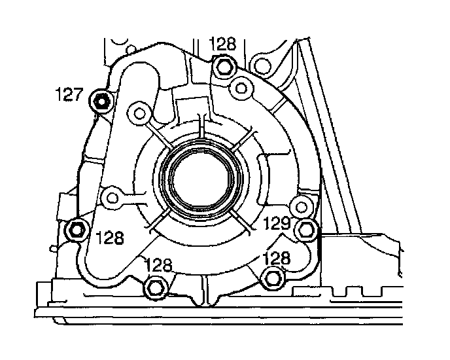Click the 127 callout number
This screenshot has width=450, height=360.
(x=69, y=96)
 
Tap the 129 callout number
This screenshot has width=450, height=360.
(x=277, y=223)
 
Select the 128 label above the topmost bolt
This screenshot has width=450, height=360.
(x=222, y=45)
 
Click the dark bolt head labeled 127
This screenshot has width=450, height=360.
(x=102, y=101)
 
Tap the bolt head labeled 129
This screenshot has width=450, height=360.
(x=305, y=229)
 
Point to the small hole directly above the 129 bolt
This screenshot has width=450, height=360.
(x=300, y=206)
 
